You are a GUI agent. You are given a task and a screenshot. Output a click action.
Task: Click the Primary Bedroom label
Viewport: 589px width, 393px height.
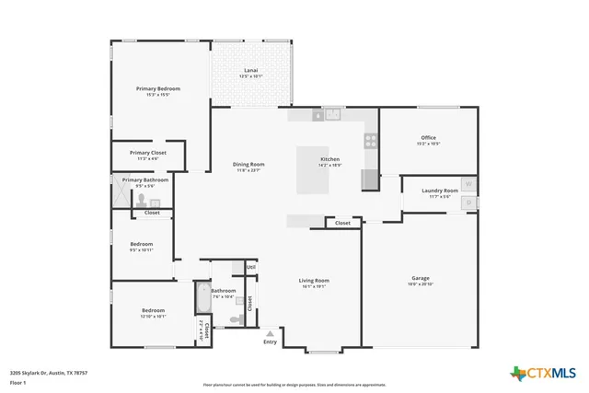(157, 88)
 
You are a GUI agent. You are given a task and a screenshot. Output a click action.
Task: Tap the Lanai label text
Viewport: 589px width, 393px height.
(250, 71)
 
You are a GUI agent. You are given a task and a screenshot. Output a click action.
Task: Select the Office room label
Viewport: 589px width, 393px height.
(428, 138)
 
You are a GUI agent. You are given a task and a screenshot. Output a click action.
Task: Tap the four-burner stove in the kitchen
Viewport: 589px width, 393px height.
(370, 141)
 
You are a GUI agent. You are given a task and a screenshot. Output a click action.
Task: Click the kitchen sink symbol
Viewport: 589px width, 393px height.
(332, 115)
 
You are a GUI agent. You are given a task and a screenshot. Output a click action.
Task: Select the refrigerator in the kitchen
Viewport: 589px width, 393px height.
(369, 179)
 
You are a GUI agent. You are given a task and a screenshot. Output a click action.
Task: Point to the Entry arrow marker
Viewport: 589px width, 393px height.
(270, 334)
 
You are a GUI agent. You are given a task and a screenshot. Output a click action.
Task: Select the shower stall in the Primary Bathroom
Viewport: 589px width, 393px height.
(121, 192)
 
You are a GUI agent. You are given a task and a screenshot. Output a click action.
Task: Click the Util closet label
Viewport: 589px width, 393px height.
(250, 268)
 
